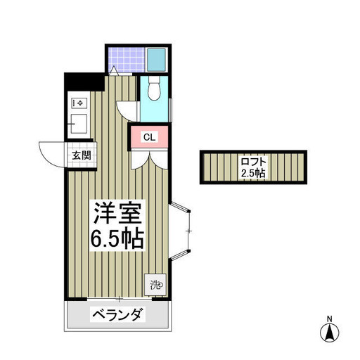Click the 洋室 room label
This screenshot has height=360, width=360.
pyautogui.click(x=117, y=213)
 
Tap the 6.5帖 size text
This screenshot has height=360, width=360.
pyautogui.click(x=117, y=238)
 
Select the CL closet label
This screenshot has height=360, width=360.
pyautogui.click(x=149, y=137)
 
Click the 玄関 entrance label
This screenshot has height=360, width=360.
pyautogui.click(x=81, y=155)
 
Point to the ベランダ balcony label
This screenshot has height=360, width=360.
pyautogui.click(x=117, y=314)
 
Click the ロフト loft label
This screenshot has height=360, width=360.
pyautogui.click(x=254, y=162)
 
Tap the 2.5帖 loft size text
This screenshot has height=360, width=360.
pyautogui.click(x=253, y=173)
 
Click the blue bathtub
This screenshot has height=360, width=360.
pyautogui.click(x=157, y=60)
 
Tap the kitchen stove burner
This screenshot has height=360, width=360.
pyautogui.click(x=79, y=103)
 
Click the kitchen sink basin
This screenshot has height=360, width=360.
pyautogui.click(x=79, y=124)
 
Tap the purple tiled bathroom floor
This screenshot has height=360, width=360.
pyautogui.click(x=127, y=60)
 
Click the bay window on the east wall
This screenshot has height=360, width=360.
pyautogui.click(x=180, y=231)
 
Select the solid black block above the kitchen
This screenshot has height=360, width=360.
pyautogui.click(x=84, y=82)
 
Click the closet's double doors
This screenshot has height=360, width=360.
pyautogui.click(x=149, y=160)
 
